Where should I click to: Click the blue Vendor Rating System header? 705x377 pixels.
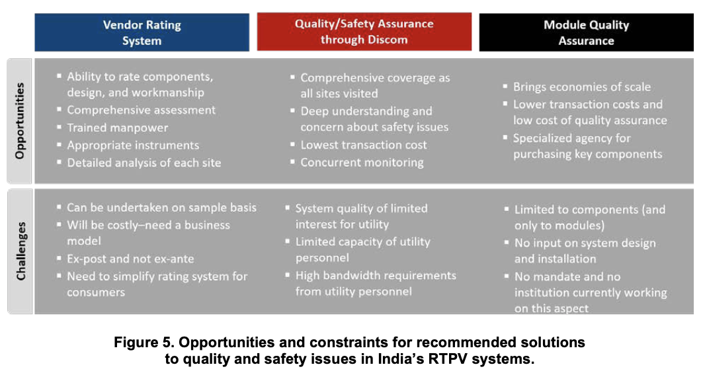(142, 32)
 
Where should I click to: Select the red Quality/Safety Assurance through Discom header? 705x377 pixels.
(364, 31)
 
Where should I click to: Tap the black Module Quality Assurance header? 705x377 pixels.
(586, 32)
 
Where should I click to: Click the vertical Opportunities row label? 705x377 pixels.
(19, 121)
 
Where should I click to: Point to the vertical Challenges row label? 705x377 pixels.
(21, 251)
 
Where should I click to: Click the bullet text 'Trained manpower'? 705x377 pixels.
(118, 128)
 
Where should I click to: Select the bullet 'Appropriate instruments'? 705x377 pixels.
(133, 145)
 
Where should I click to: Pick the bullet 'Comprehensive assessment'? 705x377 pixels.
(141, 110)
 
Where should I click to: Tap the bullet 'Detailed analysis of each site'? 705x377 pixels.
(144, 162)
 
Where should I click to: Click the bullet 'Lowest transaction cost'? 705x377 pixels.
(364, 145)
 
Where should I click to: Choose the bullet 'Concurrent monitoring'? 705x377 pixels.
(362, 162)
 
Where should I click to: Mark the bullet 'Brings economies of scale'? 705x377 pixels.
(581, 87)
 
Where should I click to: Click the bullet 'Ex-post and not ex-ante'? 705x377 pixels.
(130, 259)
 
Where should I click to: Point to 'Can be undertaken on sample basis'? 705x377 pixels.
(161, 208)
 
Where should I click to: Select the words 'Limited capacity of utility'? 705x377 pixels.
(362, 242)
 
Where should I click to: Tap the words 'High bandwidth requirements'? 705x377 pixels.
(376, 275)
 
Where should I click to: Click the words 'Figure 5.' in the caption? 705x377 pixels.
(142, 343)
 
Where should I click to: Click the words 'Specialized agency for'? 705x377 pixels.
(571, 138)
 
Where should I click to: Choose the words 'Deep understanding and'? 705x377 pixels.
(366, 111)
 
